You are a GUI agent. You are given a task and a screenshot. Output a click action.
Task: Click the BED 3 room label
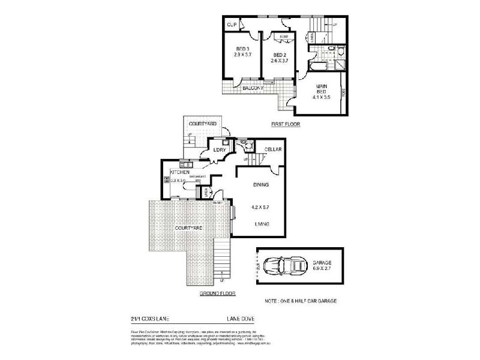coord(242,49)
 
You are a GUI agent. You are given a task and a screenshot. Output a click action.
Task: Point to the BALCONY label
coord(254,88)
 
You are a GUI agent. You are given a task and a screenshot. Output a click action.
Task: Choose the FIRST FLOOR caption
coord(286,124)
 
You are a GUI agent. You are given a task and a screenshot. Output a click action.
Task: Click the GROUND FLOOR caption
coord(218,294)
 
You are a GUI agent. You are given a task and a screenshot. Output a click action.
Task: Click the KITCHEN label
coord(179,172)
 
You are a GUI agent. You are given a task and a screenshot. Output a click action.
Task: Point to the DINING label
coord(260,185)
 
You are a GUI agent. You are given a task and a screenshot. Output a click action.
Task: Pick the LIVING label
coord(260,224)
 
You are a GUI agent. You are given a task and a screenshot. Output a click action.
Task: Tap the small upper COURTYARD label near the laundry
coord(203,123)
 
